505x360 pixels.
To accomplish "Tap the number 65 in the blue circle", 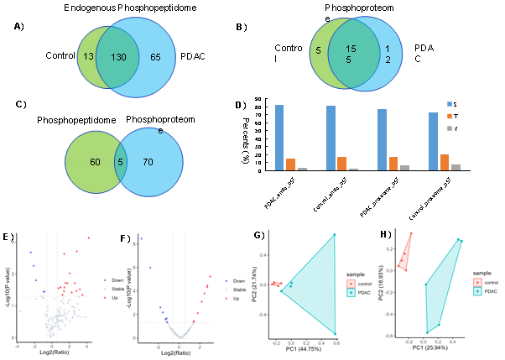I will [x=155, y=56].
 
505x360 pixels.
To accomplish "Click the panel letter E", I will [x=7, y=237].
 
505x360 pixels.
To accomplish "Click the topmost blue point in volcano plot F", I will [x=141, y=239].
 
